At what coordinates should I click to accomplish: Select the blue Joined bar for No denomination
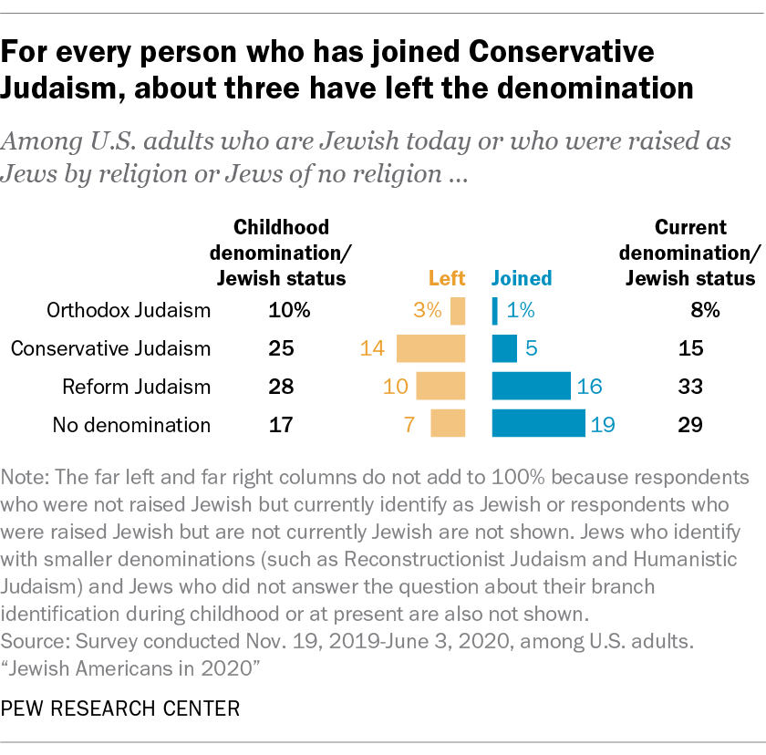(538, 424)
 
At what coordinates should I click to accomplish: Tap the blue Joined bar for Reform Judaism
(531, 387)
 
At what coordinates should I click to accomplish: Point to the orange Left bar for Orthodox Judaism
(458, 311)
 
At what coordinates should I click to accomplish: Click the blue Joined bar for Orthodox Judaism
(495, 311)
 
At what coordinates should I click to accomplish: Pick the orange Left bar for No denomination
(448, 424)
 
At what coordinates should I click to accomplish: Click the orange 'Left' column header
(447, 278)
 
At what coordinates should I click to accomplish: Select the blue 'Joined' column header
(522, 278)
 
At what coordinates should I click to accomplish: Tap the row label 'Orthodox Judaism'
(129, 311)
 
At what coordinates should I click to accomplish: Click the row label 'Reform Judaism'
(136, 387)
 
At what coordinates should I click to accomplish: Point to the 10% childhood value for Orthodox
(289, 311)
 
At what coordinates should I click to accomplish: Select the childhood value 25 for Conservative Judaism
(281, 348)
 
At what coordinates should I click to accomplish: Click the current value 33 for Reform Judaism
(690, 387)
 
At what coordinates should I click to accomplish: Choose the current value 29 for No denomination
(690, 424)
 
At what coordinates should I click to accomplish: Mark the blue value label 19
(604, 424)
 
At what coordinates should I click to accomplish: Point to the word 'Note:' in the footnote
(28, 479)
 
